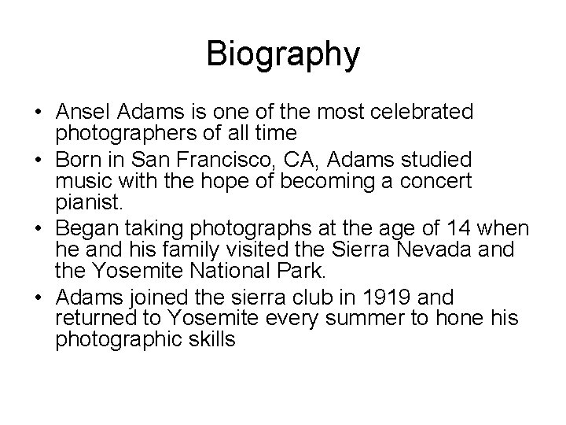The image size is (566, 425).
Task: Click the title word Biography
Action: (283, 54)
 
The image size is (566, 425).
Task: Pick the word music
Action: (79, 181)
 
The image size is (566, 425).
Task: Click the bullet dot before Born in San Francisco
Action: (39, 161)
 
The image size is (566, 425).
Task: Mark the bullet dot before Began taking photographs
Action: (39, 229)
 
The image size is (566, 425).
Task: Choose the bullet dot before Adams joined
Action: (39, 297)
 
